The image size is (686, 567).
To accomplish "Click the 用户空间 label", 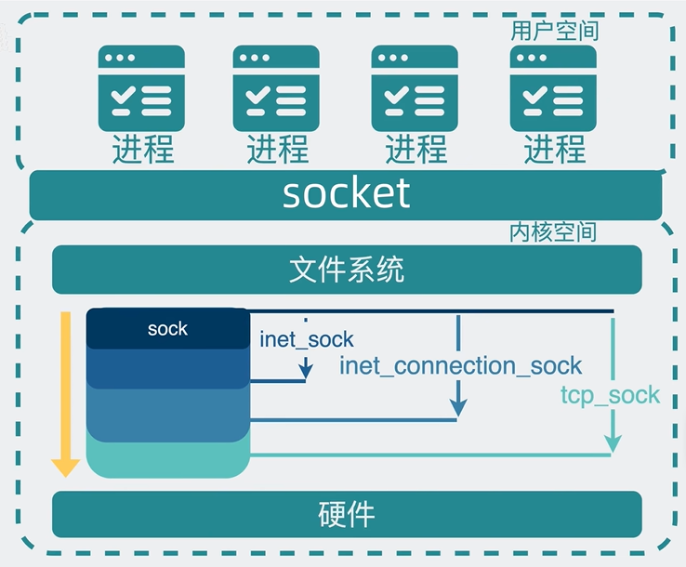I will (x=554, y=31).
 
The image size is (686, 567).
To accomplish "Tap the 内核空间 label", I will (x=553, y=231).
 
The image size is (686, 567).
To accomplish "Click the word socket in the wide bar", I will (x=346, y=193).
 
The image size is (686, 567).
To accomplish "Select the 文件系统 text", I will (x=346, y=270).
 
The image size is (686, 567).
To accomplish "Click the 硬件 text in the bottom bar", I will (x=346, y=514).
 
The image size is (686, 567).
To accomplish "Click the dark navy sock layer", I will (x=167, y=329).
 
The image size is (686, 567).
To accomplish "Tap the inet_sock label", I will (x=307, y=339).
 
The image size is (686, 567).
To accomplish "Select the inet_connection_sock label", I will (x=460, y=365).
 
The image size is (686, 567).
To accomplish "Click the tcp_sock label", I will (x=610, y=394).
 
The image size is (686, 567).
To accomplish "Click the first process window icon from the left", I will (x=141, y=88).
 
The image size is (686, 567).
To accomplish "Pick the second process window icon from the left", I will (x=276, y=88).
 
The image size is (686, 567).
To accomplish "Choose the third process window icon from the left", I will (x=415, y=88).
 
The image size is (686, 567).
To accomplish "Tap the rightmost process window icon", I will (x=553, y=88).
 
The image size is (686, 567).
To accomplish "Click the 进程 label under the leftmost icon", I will (x=142, y=149).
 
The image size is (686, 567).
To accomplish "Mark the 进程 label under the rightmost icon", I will (x=554, y=149).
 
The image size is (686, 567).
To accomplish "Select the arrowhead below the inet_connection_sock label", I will (x=457, y=406).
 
